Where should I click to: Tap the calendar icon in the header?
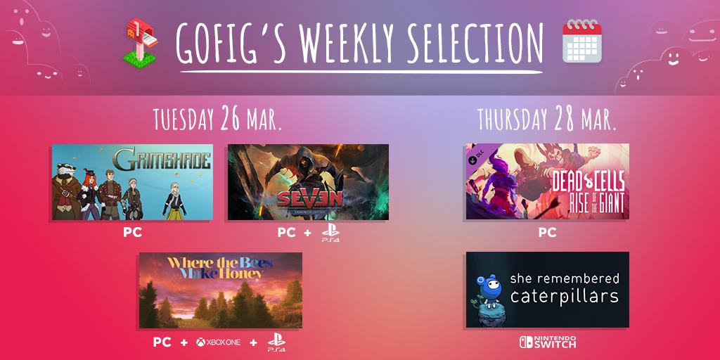coord(581,41)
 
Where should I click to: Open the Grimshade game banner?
coord(132,182)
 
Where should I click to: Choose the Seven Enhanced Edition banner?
coord(308,182)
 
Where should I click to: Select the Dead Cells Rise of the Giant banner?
coord(547,182)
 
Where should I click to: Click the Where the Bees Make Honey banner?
coord(221,290)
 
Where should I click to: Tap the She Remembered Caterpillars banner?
coord(547,290)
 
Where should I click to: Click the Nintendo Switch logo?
coord(547,342)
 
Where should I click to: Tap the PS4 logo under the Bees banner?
coord(276,343)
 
